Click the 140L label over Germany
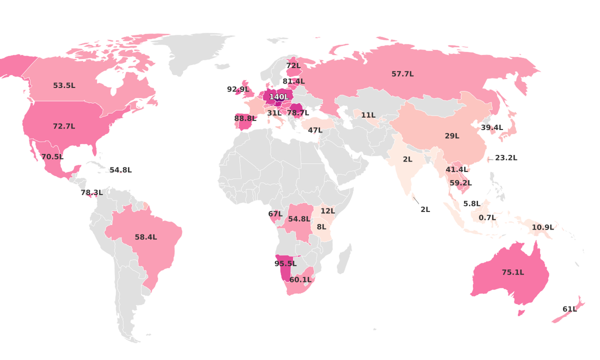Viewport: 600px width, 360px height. (279, 96)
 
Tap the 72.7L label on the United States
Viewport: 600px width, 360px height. (64, 126)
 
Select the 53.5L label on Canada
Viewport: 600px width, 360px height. (64, 85)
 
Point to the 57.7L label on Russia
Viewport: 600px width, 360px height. (402, 74)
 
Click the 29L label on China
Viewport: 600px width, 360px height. (452, 136)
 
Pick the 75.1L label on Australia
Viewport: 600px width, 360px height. (513, 272)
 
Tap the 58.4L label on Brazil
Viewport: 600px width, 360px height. (145, 237)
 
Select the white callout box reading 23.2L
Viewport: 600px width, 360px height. (505, 158)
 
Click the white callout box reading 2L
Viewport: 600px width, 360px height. (425, 209)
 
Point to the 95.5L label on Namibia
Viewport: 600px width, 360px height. (285, 263)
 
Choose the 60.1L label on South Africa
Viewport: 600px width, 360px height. (300, 280)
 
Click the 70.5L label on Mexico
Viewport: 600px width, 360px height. (52, 157)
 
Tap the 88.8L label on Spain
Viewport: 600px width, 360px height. (245, 118)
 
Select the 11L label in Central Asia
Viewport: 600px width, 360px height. (368, 115)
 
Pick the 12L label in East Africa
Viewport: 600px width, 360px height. (328, 211)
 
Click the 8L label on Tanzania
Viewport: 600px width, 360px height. (321, 227)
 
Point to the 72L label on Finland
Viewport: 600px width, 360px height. (293, 65)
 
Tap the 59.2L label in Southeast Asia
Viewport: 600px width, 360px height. (460, 183)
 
